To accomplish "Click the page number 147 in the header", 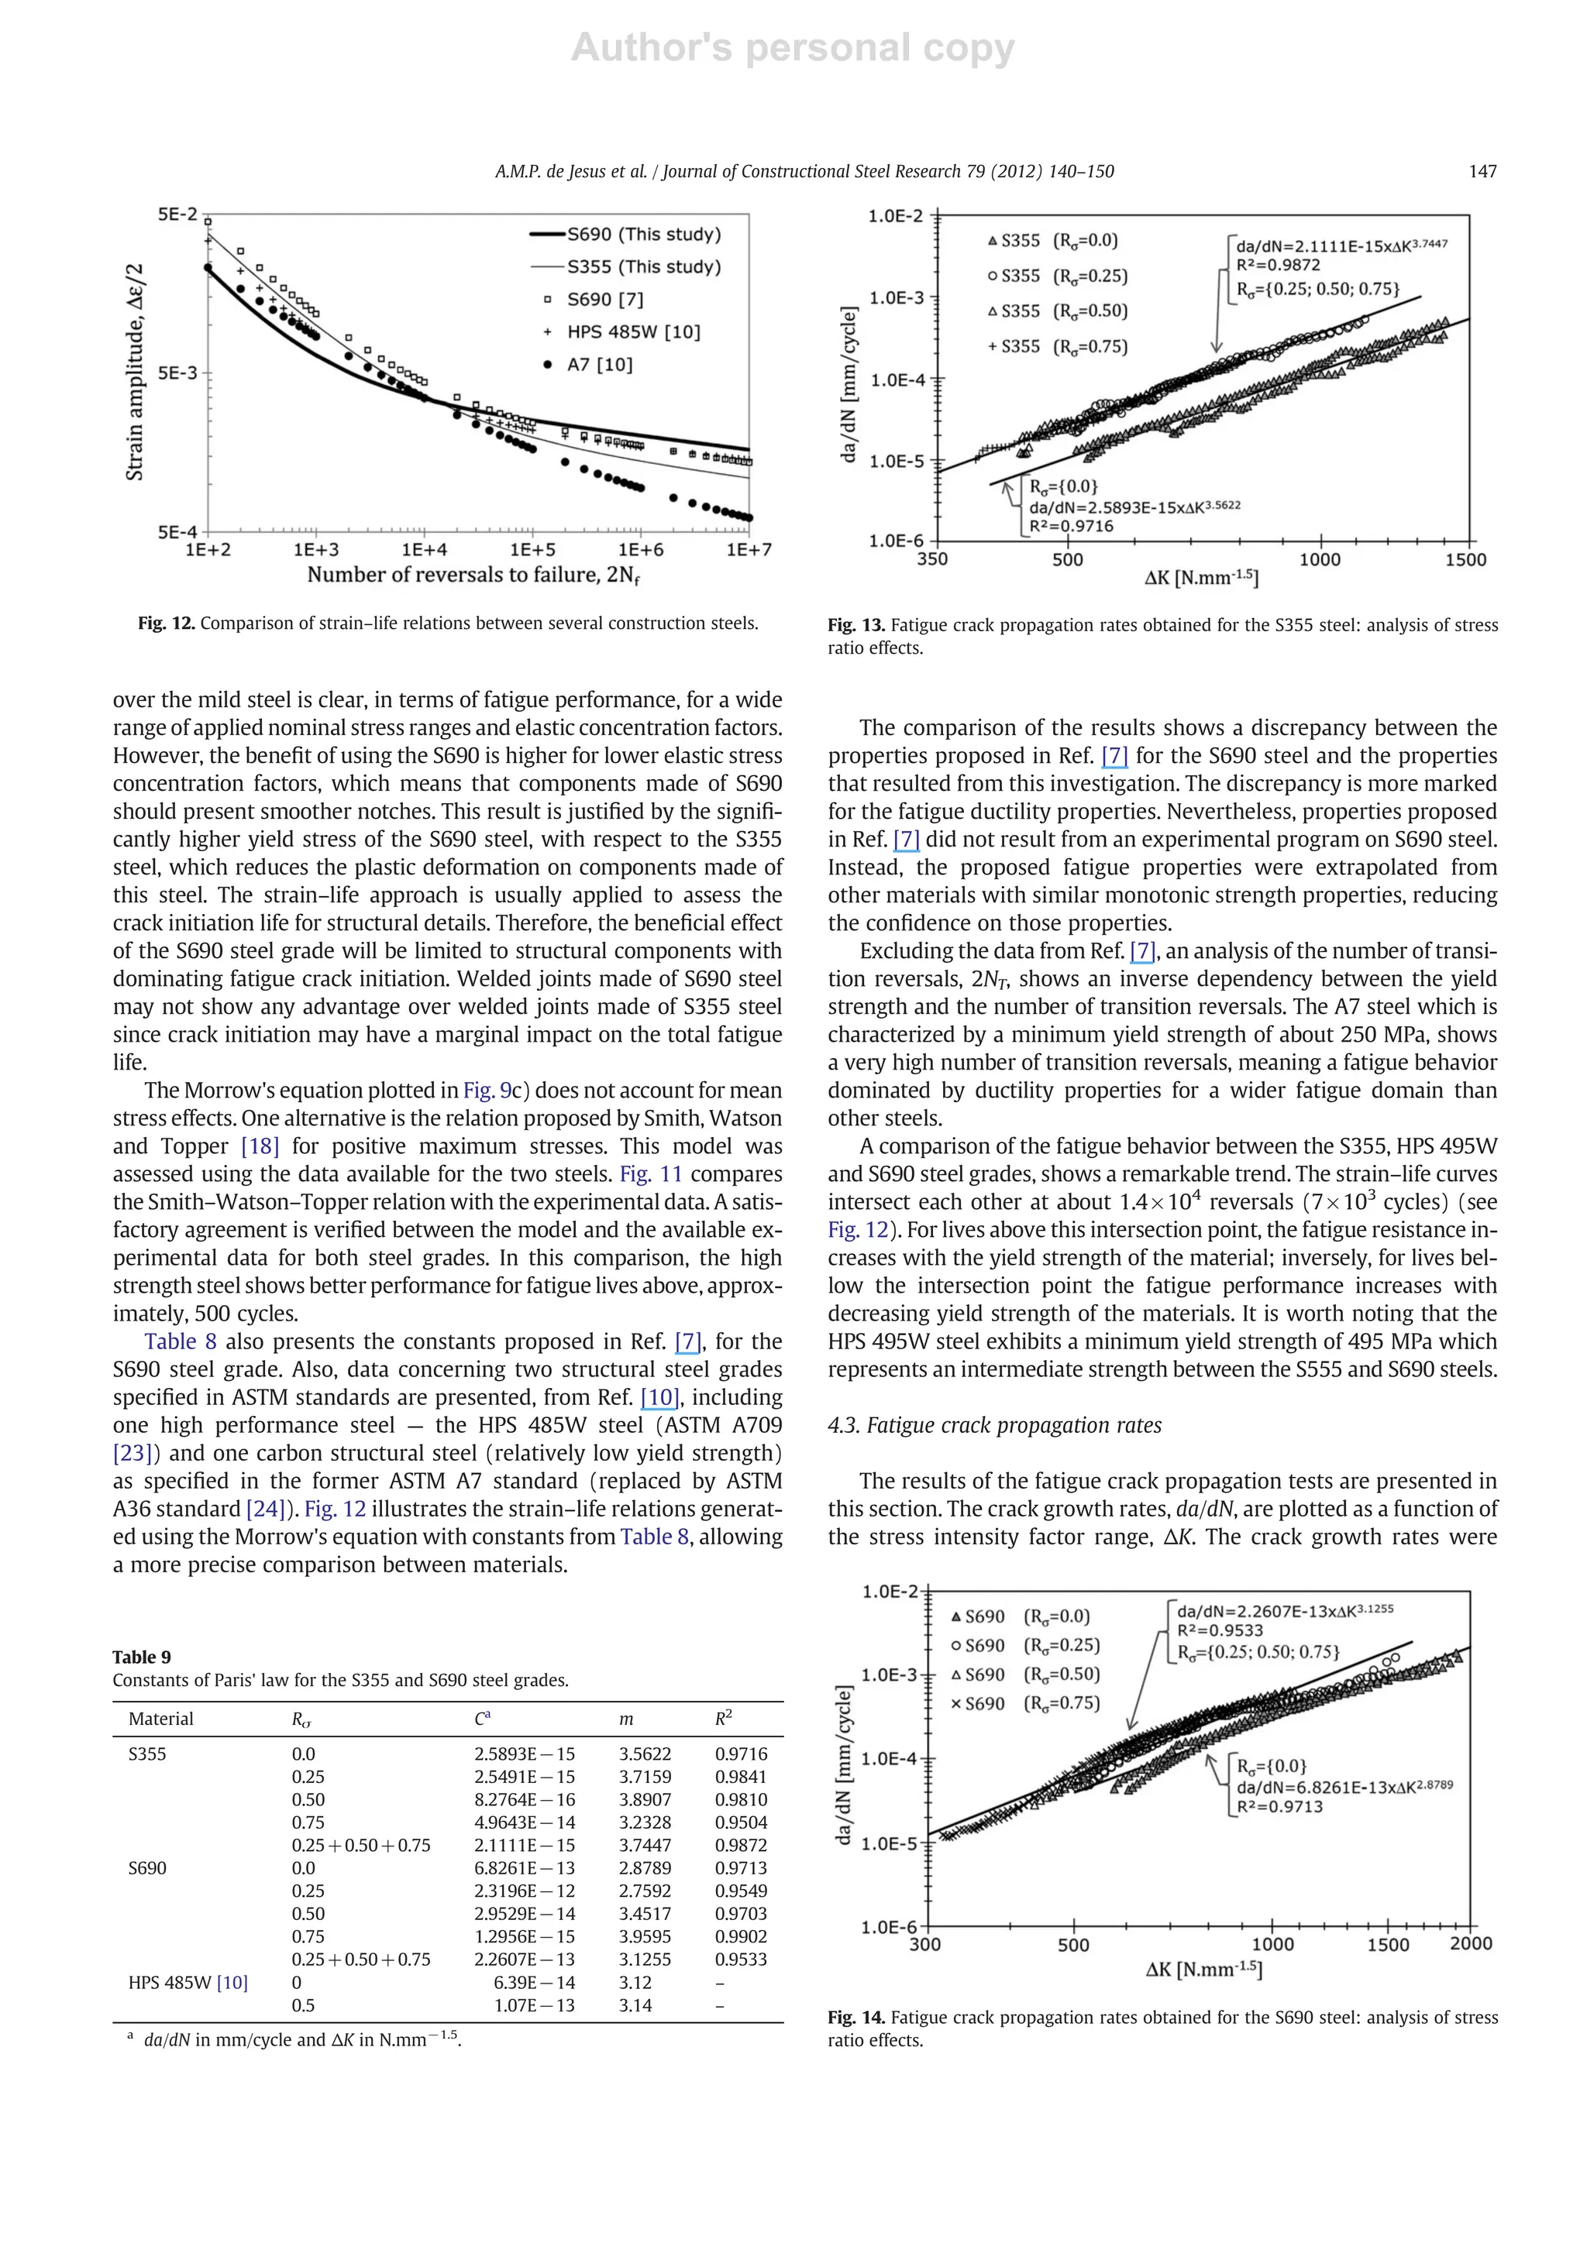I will coord(1482,172).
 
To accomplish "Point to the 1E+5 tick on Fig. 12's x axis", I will coord(532,550).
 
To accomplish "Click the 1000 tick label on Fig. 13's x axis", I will coord(1319,560).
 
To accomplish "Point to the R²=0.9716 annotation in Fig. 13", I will coord(1071,527).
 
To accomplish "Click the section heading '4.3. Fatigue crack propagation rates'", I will coord(994,1425).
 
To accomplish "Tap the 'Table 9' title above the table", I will coord(142,1657).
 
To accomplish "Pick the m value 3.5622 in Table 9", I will coord(644,1754).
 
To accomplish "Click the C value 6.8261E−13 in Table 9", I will coord(525,1869).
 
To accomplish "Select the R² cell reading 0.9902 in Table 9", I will coord(741,1937).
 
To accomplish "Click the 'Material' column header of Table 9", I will coord(160,1719).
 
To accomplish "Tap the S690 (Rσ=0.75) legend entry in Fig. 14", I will coord(1026,1704).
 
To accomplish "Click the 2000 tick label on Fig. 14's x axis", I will coord(1470,1943).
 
